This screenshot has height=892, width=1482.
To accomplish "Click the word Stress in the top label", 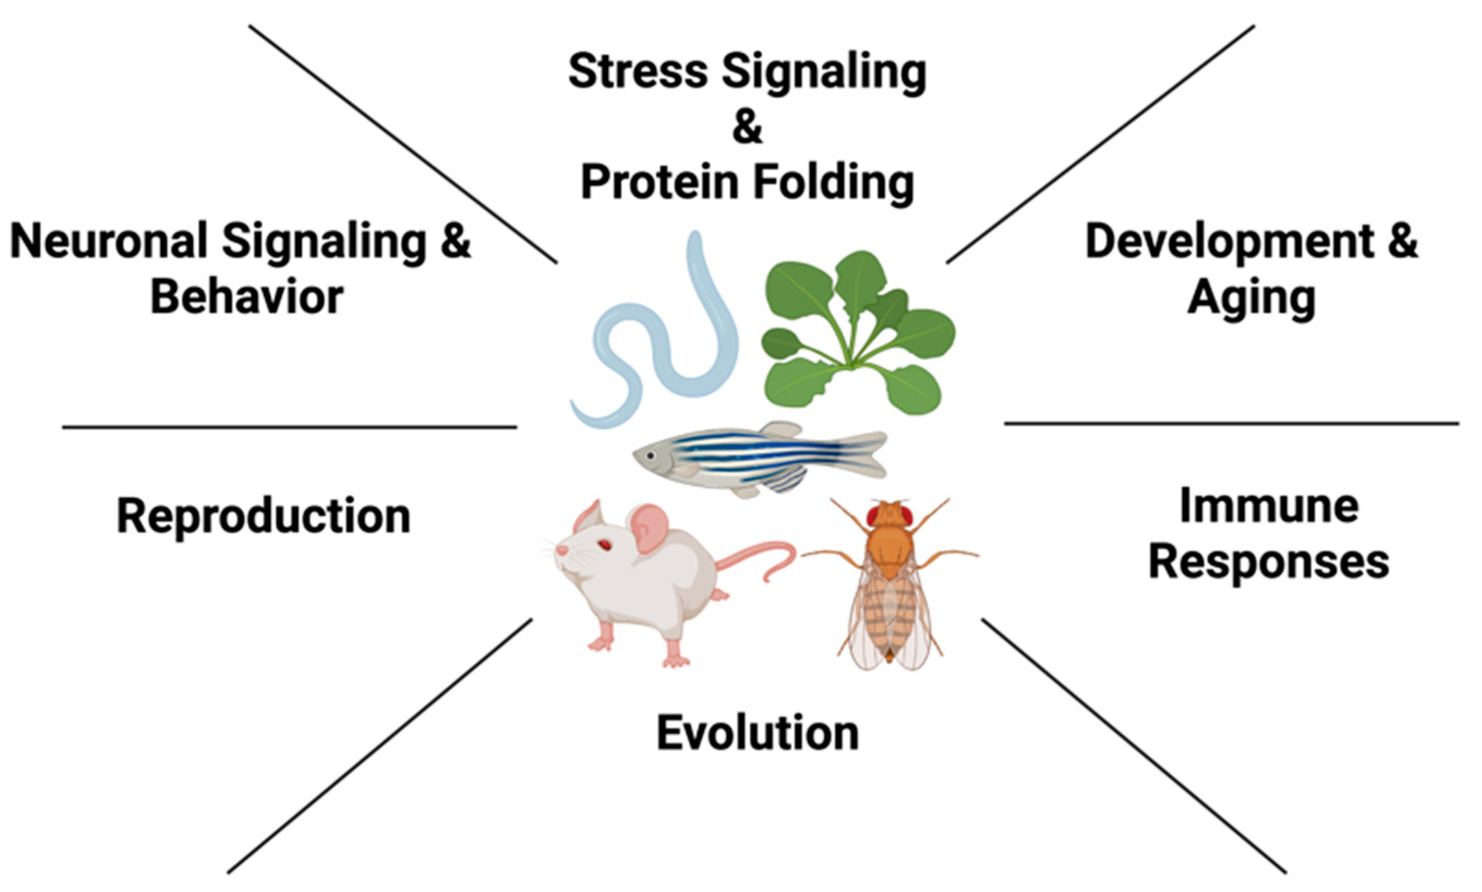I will pyautogui.click(x=638, y=71).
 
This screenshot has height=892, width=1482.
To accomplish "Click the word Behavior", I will pyautogui.click(x=246, y=297).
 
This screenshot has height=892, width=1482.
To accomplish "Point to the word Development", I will pyautogui.click(x=1229, y=242).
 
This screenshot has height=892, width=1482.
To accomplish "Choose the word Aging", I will pyautogui.click(x=1252, y=298).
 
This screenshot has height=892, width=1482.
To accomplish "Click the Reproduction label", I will pyautogui.click(x=263, y=516).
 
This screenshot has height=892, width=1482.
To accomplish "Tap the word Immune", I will pyautogui.click(x=1269, y=507).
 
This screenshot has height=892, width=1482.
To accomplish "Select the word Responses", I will pyautogui.click(x=1269, y=563).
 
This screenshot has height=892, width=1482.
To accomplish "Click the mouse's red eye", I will pyautogui.click(x=603, y=545).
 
